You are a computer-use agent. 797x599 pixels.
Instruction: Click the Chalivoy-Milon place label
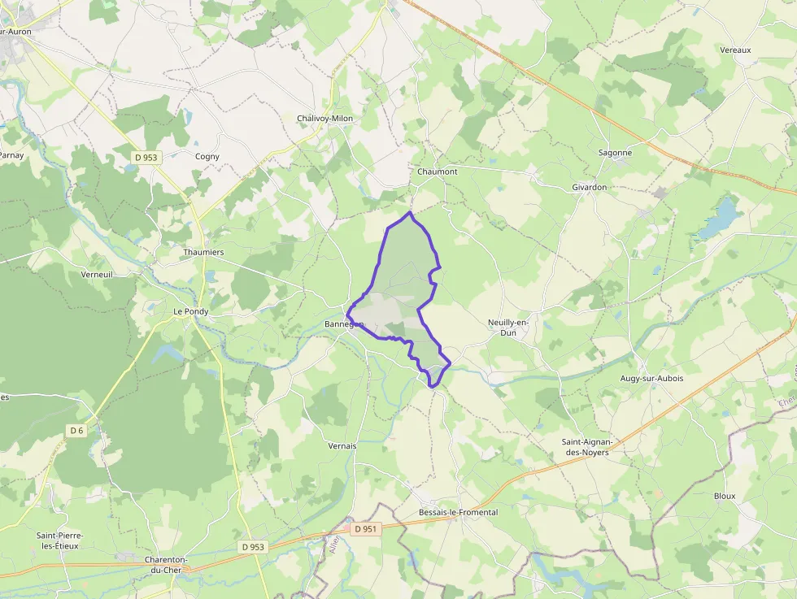point(324,119)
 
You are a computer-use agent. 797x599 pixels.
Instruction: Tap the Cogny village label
point(207,157)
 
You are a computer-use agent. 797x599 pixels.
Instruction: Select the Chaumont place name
point(438,172)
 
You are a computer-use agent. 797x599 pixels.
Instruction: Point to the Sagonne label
point(615,153)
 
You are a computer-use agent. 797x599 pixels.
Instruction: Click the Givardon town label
point(590,188)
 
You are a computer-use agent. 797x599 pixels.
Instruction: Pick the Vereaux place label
point(735,50)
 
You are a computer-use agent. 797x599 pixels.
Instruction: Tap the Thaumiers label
point(203,253)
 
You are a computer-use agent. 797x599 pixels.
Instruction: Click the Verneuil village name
point(97,275)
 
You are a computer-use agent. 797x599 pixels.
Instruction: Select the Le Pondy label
point(191,312)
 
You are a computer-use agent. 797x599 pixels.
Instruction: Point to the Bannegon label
point(343,325)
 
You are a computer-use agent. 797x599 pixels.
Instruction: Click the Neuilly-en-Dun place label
point(508,328)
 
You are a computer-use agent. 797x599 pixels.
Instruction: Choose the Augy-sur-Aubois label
point(652,379)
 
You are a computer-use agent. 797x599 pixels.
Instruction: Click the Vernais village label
point(342,446)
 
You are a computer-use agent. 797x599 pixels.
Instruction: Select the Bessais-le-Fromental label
point(458,513)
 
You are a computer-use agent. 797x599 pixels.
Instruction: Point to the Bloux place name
point(725,497)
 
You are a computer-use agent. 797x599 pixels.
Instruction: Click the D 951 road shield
point(366,529)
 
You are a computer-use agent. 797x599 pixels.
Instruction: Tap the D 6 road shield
point(76,431)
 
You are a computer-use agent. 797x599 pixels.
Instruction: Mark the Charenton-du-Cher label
point(166,564)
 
